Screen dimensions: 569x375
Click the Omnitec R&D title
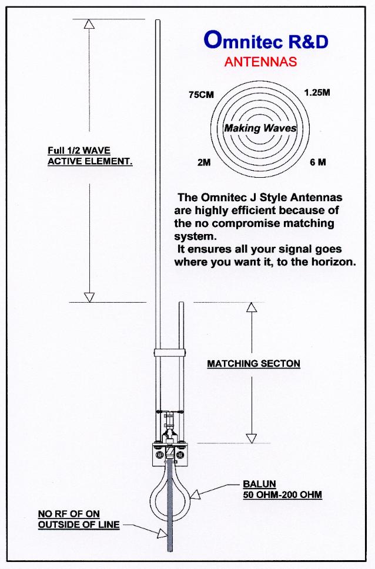click(x=266, y=40)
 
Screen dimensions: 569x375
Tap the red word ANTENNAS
click(x=260, y=62)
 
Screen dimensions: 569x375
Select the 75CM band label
click(x=201, y=94)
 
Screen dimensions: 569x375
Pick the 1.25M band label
click(x=317, y=93)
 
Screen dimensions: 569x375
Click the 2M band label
click(x=203, y=162)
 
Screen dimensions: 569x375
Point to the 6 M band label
click(x=317, y=162)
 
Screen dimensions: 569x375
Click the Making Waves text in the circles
click(x=260, y=128)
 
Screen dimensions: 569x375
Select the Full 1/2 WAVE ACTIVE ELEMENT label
click(x=89, y=156)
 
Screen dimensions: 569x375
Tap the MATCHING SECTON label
click(x=253, y=364)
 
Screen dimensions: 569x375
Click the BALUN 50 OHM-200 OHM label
click(x=282, y=490)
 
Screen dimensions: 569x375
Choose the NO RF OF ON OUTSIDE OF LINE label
click(x=78, y=520)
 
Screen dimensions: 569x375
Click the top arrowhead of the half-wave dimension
click(x=89, y=24)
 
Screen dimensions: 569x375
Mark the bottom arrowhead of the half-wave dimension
click(x=89, y=297)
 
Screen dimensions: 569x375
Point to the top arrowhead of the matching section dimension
click(x=252, y=307)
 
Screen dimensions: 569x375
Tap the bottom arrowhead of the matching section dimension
click(x=252, y=438)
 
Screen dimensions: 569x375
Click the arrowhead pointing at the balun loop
click(x=196, y=496)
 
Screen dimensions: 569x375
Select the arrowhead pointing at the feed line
click(x=162, y=533)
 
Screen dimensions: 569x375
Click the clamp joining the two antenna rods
click(x=169, y=352)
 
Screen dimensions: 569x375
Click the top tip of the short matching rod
click(x=181, y=304)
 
